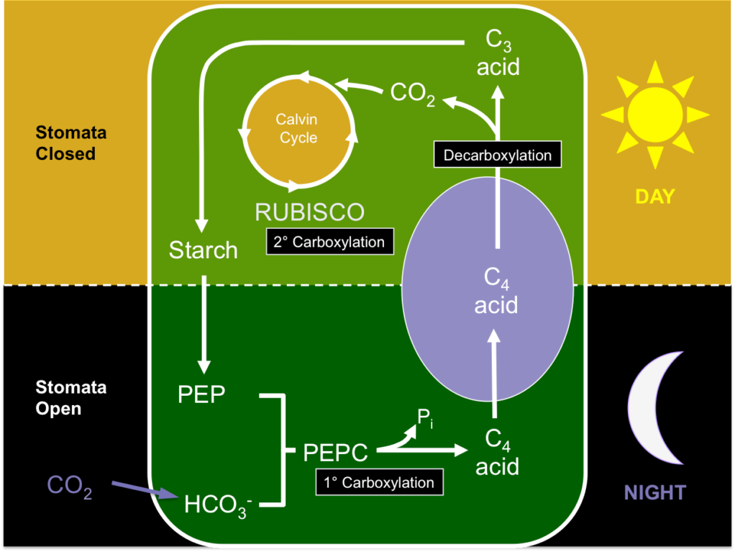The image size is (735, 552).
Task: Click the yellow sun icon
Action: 654,114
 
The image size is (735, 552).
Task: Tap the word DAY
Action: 654,196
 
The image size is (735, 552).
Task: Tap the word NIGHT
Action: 654,492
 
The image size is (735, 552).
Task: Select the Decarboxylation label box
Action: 497,155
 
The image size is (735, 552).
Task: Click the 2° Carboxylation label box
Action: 330,242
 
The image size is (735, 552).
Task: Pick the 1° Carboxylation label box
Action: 379,482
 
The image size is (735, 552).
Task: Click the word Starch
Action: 203,250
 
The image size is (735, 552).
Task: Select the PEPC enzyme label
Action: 335,453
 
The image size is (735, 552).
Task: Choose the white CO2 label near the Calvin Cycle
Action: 412,93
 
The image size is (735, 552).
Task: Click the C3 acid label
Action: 498,56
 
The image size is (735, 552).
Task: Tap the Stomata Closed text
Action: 70,143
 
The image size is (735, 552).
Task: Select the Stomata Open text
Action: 70,397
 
